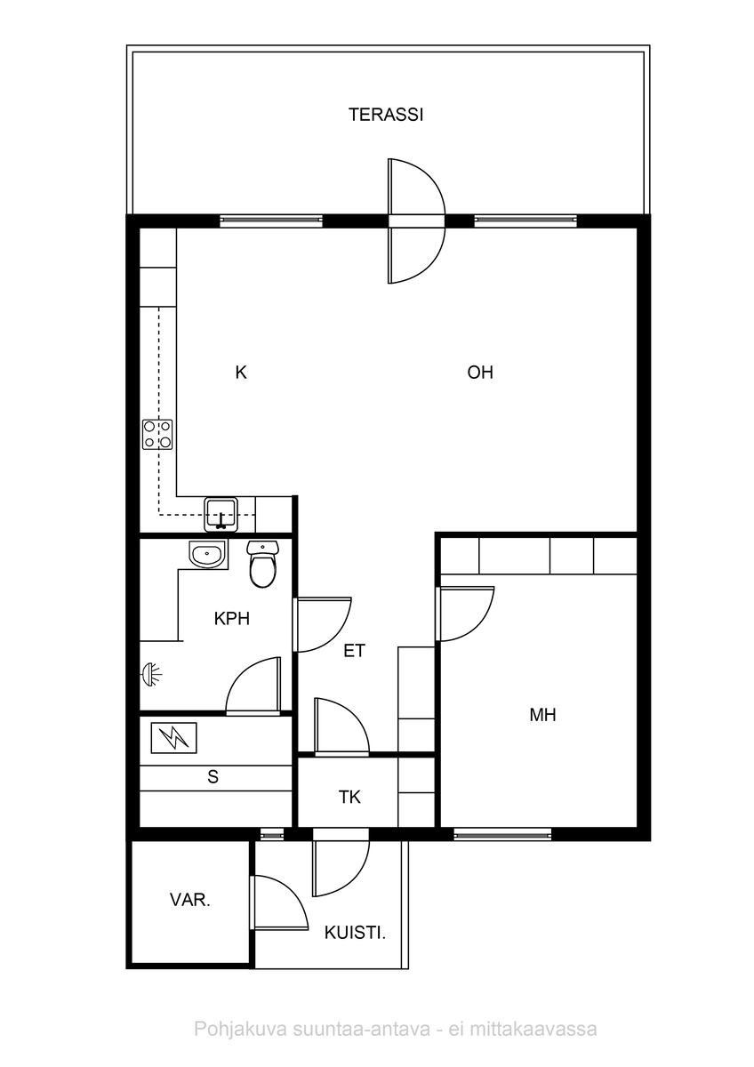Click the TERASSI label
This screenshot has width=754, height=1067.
[x=386, y=115]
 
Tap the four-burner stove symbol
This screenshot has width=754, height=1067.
[x=157, y=434]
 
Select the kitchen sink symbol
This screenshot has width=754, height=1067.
[x=221, y=515]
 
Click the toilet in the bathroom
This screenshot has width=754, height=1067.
[x=262, y=564]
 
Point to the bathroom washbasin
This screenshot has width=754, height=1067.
[x=206, y=554]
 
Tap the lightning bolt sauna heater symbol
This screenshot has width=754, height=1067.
[x=174, y=738]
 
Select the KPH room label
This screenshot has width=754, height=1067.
[x=232, y=618]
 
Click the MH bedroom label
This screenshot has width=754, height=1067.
[x=542, y=715]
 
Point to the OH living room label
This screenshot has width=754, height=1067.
[x=480, y=372]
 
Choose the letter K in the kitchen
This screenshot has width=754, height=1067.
[x=241, y=373]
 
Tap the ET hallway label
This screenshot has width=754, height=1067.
[x=355, y=651]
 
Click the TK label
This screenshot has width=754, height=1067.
[x=349, y=798]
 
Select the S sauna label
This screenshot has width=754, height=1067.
[x=213, y=777]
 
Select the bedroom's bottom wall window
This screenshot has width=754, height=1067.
[x=502, y=834]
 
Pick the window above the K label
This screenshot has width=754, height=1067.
[x=271, y=221]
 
